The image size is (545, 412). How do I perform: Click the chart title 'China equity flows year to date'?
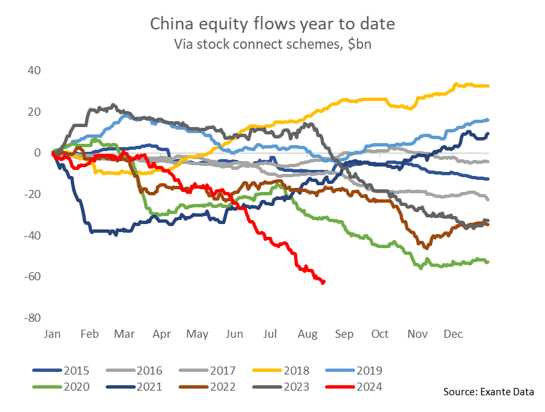point(272,25)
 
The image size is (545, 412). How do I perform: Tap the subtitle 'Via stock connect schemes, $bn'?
point(272,45)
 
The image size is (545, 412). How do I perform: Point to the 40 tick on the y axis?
point(34,70)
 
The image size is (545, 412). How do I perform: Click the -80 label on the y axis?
point(32,318)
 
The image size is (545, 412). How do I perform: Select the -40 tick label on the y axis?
point(32,235)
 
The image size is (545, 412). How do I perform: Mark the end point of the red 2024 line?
point(324,282)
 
